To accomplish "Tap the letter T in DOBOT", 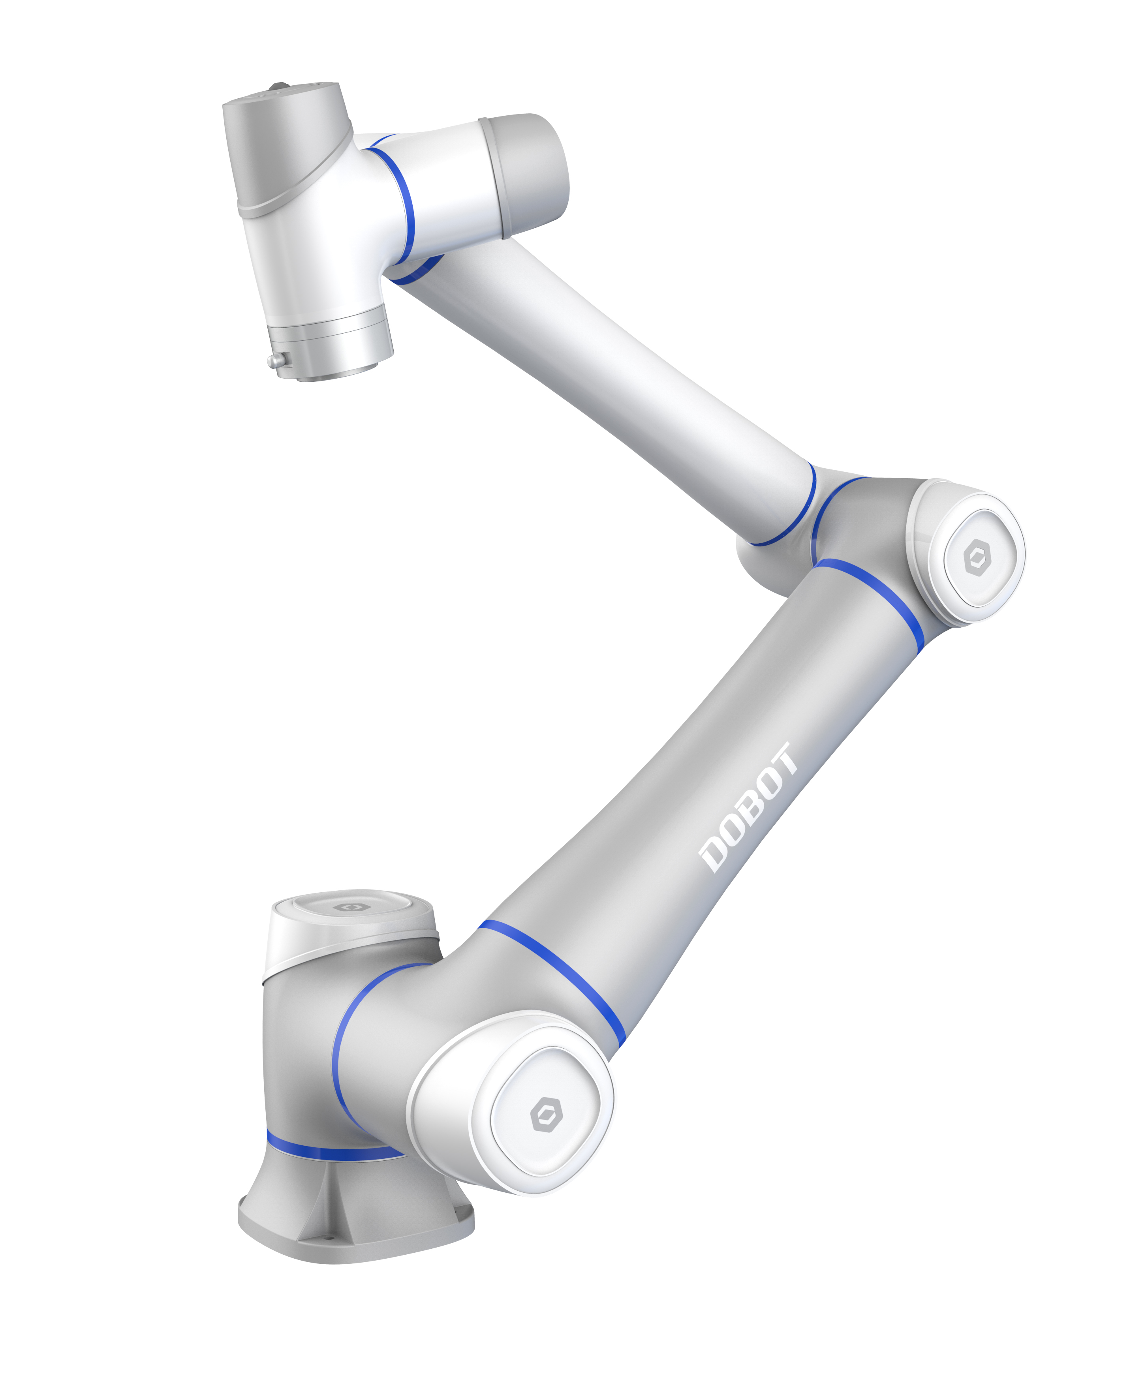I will (x=785, y=757).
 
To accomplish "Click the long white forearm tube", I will (x=614, y=369).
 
